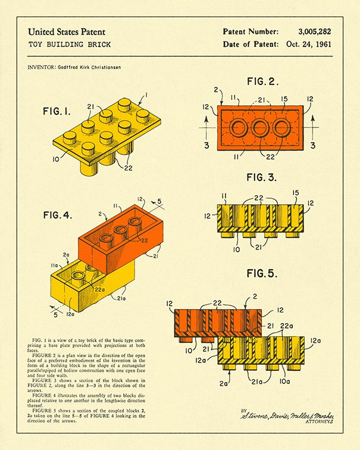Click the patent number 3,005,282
pos(315,32)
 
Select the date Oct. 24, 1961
pos(308,44)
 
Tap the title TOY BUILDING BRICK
pos(69,45)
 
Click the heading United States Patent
pos(67,32)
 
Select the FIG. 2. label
pos(262,82)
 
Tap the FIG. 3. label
pos(262,177)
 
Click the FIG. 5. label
pos(262,274)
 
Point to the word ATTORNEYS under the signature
pos(318,422)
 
